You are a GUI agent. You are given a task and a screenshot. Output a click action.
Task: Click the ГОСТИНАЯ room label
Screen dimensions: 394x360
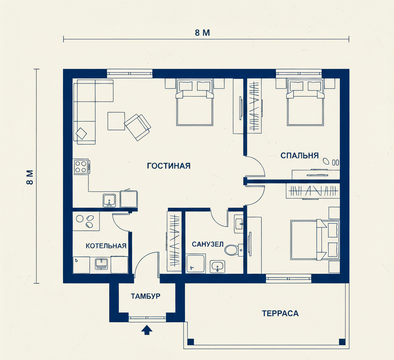coord(169,166)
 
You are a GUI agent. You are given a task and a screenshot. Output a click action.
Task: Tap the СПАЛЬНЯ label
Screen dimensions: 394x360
coord(299,155)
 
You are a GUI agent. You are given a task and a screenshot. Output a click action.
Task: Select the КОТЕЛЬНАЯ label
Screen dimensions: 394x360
coord(106,246)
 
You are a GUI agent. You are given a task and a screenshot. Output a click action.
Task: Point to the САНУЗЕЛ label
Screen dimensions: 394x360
coord(207,244)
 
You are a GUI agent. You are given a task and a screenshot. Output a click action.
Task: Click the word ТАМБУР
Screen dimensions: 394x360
coord(145,296)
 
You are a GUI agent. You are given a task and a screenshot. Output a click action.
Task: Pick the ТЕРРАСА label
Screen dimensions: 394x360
coord(280,313)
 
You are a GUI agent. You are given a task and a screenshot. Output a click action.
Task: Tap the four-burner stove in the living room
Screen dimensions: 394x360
coord(81,166)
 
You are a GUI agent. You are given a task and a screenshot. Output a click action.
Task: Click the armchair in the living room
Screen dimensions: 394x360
coord(138,127)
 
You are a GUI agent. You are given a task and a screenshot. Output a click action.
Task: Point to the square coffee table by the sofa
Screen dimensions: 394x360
coord(116,121)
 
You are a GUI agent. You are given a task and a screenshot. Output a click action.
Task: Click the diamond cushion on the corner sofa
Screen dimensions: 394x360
coord(81,133)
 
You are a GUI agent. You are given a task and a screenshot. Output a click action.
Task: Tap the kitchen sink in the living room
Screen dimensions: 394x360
coord(109,200)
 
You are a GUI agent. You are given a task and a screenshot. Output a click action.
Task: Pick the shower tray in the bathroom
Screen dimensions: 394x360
coord(196,263)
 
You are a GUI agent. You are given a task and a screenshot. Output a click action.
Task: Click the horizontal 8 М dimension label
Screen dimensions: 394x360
coord(202,33)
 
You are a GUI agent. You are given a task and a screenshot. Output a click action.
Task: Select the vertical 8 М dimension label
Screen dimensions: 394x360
coord(30,177)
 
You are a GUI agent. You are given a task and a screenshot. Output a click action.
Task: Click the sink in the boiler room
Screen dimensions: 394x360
coord(101,264)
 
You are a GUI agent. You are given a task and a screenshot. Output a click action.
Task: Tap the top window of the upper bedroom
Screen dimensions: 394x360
coord(299,73)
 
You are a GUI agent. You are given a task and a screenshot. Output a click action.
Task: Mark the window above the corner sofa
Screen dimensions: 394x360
coord(130,73)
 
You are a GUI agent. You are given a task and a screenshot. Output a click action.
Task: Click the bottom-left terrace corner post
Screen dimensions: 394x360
coord(191,342)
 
